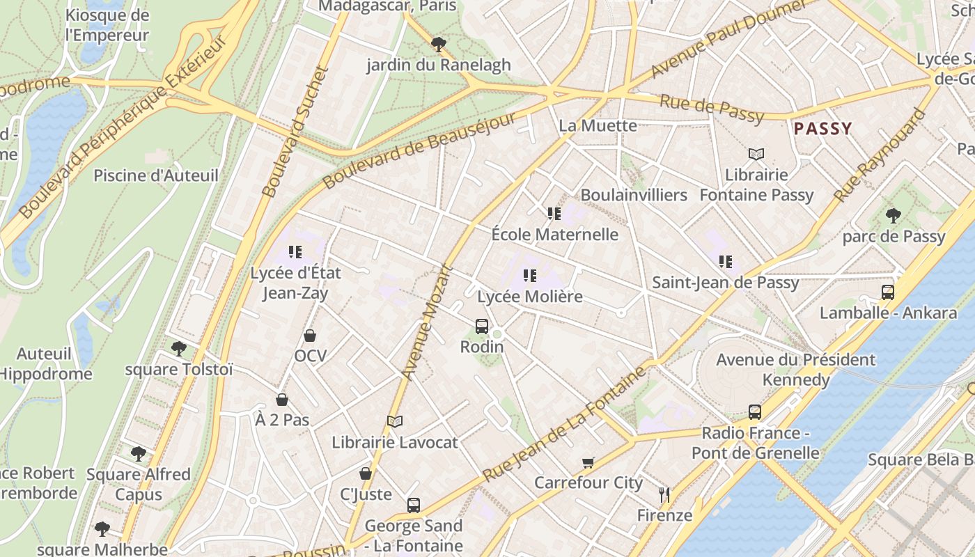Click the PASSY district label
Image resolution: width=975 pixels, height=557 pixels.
pos(822,129)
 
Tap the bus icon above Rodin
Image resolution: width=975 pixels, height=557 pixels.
pos(481,326)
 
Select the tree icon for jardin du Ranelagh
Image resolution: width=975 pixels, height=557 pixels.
pos(438,45)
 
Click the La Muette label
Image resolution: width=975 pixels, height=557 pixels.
pos(598,126)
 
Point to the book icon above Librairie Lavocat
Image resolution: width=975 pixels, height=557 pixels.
pos(395,421)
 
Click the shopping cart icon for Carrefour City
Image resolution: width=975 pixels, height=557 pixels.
pos(588,462)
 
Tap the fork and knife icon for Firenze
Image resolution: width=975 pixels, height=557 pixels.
pos(664,495)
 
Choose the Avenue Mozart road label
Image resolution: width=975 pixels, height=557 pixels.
pos(427,322)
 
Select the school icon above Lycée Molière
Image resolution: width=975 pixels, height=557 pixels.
pos(530,276)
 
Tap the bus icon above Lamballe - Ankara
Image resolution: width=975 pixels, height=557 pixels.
pos(888,292)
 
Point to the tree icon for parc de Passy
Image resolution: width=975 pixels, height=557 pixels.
pos(894,216)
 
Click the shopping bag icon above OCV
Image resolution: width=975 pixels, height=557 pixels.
pos(310,336)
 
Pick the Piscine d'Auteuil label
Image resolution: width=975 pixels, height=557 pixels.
pos(156,175)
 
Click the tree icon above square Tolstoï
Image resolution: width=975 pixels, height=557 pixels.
pos(179,348)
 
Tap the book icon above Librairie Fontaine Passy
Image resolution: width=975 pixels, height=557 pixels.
pos(756,154)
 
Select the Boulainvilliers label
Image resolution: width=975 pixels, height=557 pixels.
pos(634,195)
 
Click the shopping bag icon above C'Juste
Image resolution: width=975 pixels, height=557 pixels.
pos(366,474)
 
